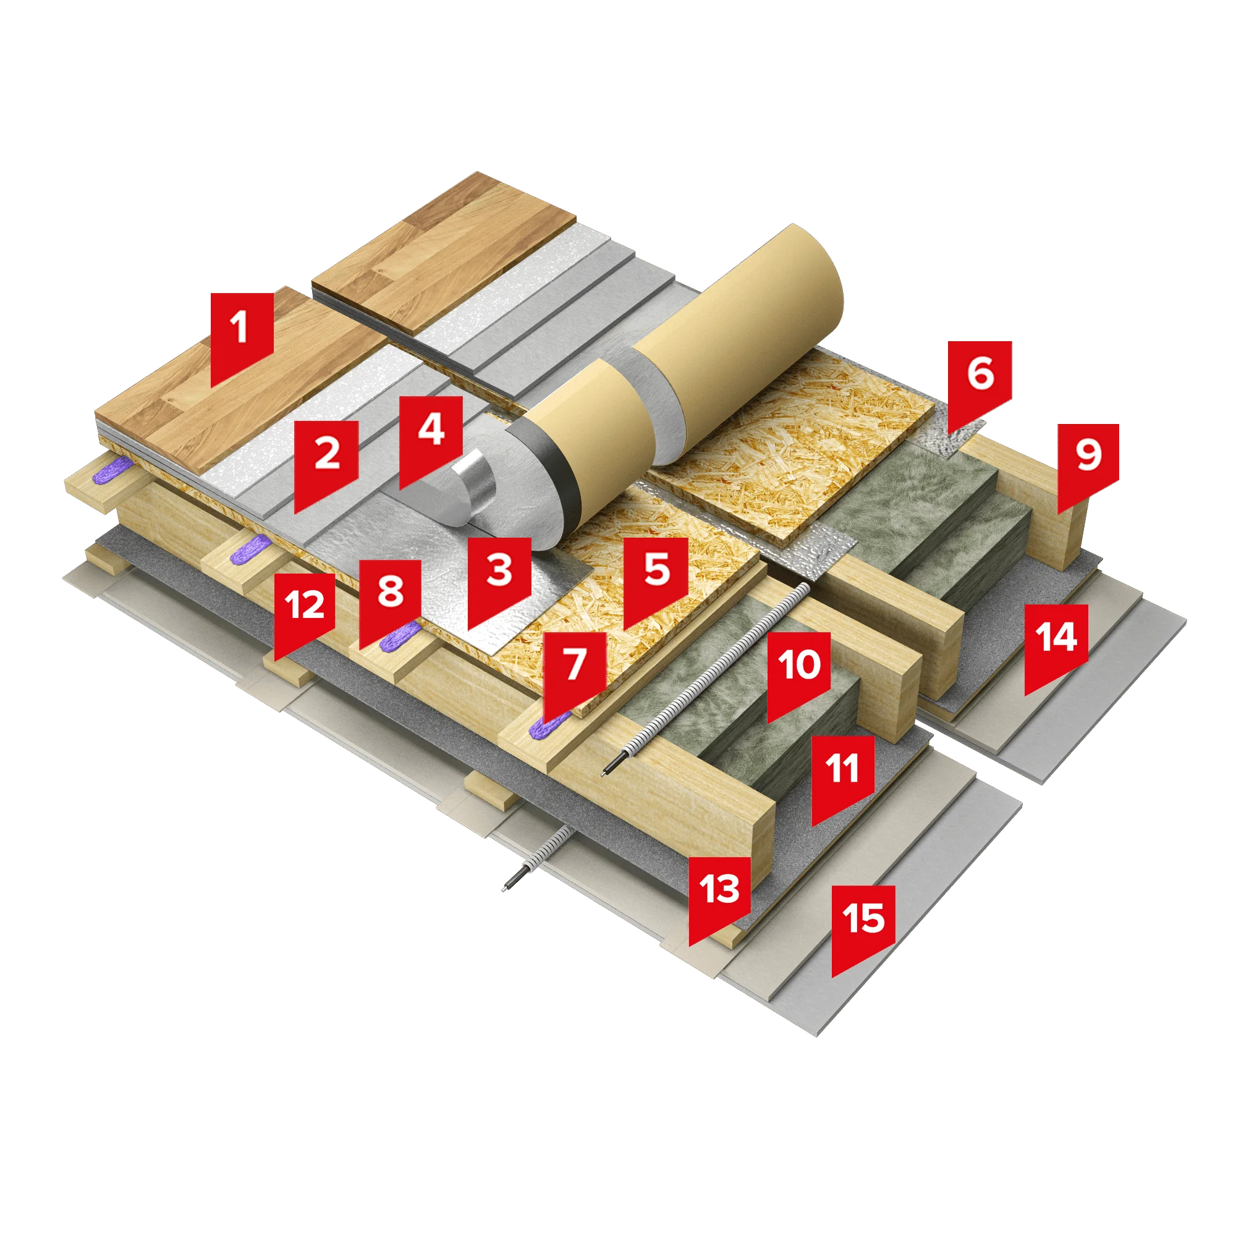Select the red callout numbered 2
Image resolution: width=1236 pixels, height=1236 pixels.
tap(326, 460)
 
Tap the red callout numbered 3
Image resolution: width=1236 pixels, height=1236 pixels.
tap(499, 576)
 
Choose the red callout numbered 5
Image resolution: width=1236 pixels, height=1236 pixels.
tap(656, 576)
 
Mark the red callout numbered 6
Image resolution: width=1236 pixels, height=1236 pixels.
tap(980, 381)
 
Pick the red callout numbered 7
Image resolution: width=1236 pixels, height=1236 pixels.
tap(575, 671)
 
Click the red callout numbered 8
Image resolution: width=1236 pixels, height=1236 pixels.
tap(389, 599)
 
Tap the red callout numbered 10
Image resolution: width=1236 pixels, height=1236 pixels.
tap(799, 672)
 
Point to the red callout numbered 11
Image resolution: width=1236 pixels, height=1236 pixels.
tap(843, 775)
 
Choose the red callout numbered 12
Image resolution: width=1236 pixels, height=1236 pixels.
tap(305, 612)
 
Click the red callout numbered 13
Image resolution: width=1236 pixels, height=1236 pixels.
tap(720, 896)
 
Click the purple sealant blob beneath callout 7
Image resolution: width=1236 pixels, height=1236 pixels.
tap(546, 725)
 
